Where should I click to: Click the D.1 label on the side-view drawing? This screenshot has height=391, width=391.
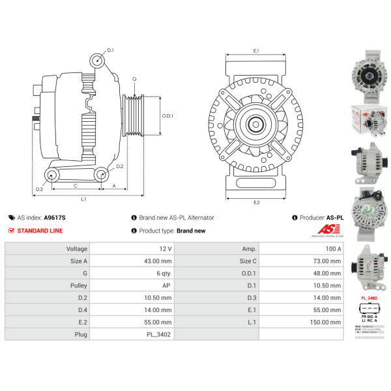[111, 50]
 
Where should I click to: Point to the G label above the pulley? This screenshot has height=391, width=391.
[134, 80]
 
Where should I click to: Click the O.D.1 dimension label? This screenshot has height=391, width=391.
[167, 116]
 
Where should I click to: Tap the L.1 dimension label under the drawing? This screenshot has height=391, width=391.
[85, 199]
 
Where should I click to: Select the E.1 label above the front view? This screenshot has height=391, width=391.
[256, 50]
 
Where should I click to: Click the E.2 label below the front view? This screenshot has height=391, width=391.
[256, 202]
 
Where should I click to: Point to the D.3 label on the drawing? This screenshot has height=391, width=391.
[39, 189]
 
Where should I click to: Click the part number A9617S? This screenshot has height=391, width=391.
[55, 218]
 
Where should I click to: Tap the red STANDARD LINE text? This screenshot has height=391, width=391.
[40, 231]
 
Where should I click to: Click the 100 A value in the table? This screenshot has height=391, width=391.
[332, 249]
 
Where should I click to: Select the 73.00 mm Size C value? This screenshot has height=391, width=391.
[327, 261]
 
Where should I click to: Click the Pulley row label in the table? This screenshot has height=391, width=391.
[78, 286]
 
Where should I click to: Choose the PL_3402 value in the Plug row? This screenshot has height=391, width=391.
[158, 335]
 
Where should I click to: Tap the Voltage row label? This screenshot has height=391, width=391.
[77, 249]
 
